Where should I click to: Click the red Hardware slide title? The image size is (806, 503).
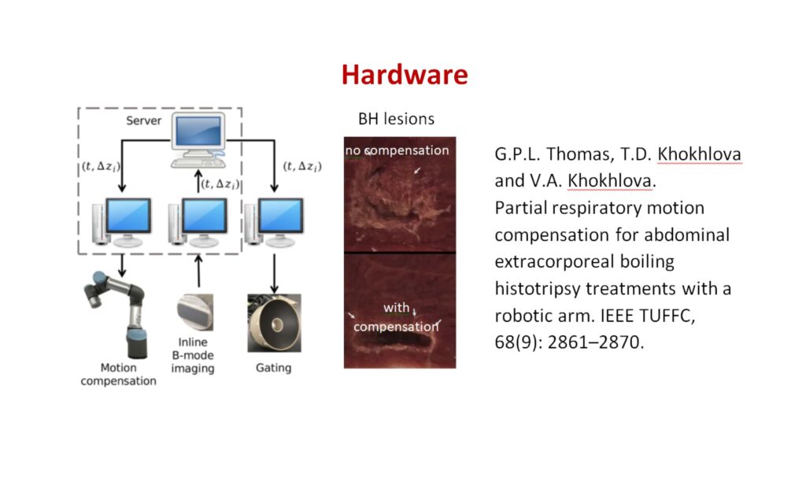pyautogui.click(x=404, y=75)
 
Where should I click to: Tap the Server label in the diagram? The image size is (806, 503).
pyautogui.click(x=143, y=120)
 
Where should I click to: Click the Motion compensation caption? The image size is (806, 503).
pyautogui.click(x=118, y=375)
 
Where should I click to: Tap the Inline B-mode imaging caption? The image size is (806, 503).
pyautogui.click(x=193, y=355)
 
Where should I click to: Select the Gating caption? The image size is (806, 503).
pyautogui.click(x=273, y=368)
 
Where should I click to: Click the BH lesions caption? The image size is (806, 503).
pyautogui.click(x=396, y=120)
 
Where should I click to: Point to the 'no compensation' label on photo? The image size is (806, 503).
pyautogui.click(x=397, y=150)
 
